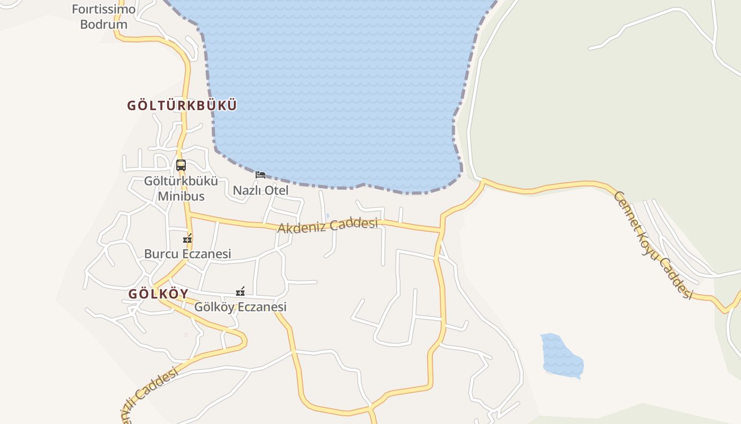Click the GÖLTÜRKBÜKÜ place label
click(182, 105)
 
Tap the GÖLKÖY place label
click(158, 294)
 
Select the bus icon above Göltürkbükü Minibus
click(181, 165)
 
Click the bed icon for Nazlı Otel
click(260, 175)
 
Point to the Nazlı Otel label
click(261, 190)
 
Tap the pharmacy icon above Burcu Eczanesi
click(187, 238)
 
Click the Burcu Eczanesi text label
click(187, 254)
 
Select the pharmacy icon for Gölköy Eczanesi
click(240, 291)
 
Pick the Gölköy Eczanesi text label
click(240, 307)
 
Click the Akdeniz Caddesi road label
click(328, 226)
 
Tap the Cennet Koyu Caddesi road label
click(653, 244)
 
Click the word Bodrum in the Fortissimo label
click(104, 24)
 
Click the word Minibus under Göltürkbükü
click(181, 196)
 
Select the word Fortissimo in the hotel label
click(103, 10)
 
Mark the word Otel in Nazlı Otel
click(276, 190)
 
